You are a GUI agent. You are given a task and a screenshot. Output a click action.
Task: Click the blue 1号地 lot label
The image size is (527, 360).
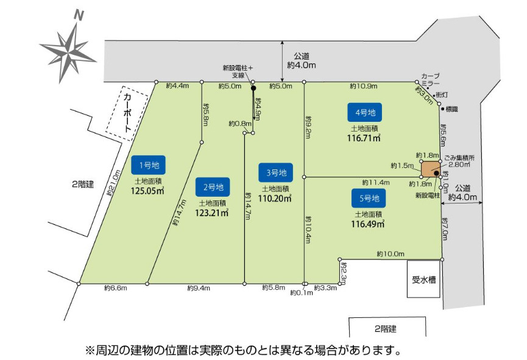coord(149,164)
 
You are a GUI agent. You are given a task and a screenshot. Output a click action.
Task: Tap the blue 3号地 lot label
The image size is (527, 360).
coord(275,172)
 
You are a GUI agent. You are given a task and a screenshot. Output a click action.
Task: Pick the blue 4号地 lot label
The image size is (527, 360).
coord(364,112)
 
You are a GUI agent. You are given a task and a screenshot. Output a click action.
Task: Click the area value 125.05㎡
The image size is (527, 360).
coord(149,191)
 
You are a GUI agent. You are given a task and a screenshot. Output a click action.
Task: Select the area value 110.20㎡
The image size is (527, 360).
coord(275,198)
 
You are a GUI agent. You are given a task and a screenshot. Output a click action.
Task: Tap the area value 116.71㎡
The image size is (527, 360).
coord(364,139)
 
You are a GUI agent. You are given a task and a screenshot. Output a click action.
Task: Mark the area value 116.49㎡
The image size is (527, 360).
coord(368,224)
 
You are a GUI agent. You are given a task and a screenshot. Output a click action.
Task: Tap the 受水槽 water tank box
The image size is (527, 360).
coord(423,280)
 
